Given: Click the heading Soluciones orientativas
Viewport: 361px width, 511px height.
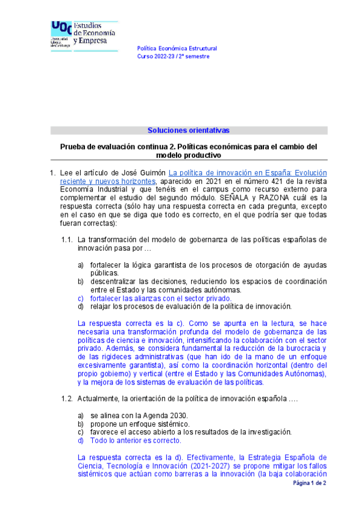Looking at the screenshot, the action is pos(189,130).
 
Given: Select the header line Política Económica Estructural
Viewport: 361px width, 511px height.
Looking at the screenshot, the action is pos(177,48).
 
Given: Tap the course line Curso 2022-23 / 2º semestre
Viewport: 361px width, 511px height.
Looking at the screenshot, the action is pos(174,56).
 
